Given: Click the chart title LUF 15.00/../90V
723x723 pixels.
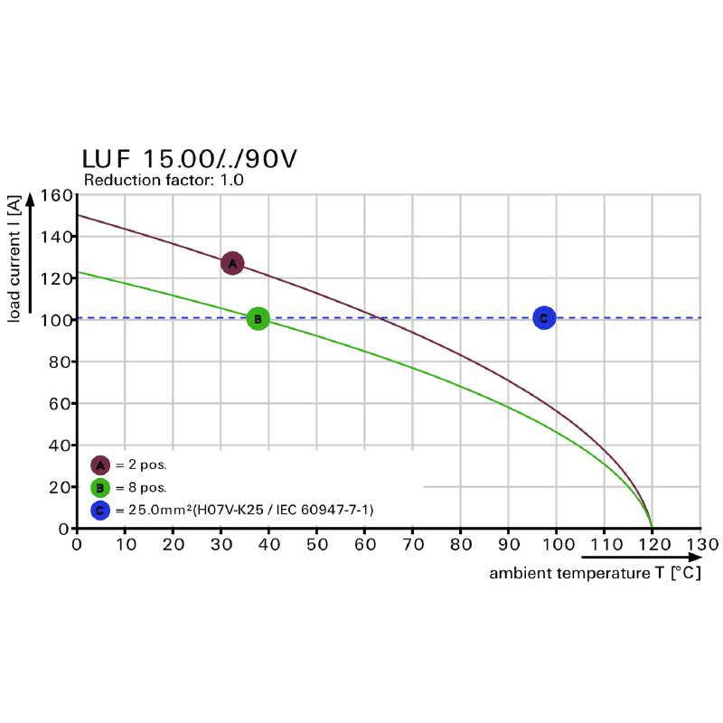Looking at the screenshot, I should point(189,159).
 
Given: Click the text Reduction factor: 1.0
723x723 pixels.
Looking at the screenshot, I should point(164,180).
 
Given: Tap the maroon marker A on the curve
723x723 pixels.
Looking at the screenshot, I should point(232,263).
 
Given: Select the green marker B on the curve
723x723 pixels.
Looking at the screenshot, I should point(258,318).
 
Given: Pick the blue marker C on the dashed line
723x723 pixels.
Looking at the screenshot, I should point(543,317).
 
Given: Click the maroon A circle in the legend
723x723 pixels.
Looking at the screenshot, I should point(100,465).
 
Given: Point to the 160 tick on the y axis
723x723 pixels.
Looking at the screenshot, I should point(56,195).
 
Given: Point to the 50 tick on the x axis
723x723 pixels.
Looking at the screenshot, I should point(316,545).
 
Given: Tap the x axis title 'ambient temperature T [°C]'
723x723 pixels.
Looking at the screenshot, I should point(595,573).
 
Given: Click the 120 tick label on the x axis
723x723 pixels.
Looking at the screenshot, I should point(653,545).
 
